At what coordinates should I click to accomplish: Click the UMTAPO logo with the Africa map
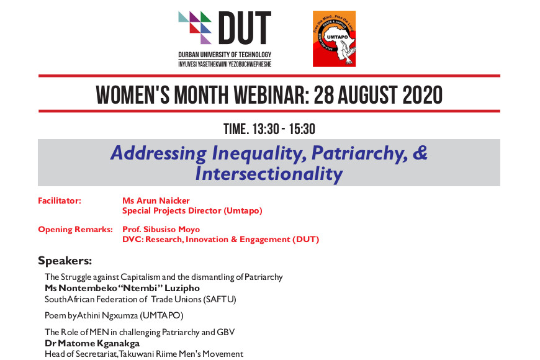pos(334,39)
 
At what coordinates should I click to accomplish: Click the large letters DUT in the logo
pos(245,28)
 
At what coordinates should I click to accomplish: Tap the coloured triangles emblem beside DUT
pos(195,27)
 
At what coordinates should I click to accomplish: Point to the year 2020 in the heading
pos(423,95)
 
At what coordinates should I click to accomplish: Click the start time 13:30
pos(266,129)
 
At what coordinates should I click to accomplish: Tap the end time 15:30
pos(302,129)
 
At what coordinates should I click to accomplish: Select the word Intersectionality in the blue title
pos(269,173)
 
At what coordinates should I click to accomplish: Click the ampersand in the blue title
pos(420,153)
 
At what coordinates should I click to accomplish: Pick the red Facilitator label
pos(60,201)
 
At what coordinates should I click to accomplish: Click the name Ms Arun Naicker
pos(156,201)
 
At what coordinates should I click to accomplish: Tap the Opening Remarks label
pos(76,230)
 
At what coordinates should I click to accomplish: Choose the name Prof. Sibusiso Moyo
pos(161,230)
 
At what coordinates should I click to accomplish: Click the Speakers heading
pos(65,261)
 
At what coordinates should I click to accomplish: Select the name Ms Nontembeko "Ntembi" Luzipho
pos(122,288)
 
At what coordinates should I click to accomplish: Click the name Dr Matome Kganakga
pos(92,343)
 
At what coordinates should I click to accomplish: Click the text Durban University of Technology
pos(225,55)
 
